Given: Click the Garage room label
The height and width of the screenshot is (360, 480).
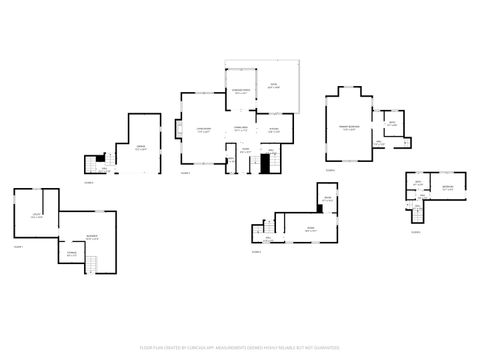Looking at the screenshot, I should [141, 149].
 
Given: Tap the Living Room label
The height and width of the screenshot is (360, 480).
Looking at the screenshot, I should [203, 129].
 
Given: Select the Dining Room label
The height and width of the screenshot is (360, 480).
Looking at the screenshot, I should [240, 129].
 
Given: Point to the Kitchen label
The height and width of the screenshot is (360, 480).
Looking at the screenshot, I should [274, 129].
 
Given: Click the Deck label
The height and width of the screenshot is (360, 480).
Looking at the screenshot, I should [273, 87].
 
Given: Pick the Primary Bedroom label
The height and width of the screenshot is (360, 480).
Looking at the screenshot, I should [348, 128].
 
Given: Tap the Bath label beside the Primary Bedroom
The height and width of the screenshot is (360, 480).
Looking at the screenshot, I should [392, 123].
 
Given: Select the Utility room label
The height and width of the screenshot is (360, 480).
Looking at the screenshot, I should [36, 214].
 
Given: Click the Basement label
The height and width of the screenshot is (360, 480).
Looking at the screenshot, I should [91, 237].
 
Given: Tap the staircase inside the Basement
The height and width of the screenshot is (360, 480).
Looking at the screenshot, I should [92, 264].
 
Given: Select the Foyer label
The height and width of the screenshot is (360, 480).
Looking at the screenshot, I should [245, 153].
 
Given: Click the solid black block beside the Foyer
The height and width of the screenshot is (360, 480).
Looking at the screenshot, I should [266, 162].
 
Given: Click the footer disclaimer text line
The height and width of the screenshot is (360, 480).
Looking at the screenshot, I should [240, 348].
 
